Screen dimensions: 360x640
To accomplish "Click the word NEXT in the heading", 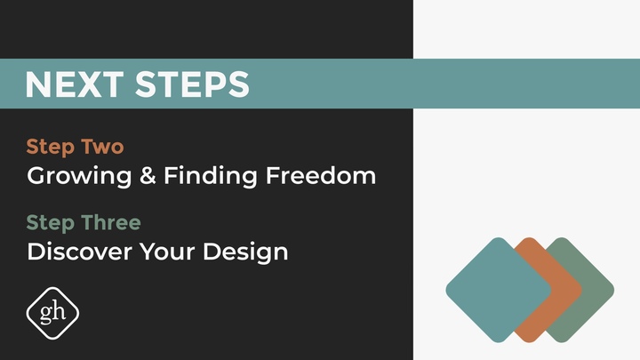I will point(75,84).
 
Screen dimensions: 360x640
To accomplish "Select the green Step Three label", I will point(84,221).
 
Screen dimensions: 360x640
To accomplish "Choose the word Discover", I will point(79,252).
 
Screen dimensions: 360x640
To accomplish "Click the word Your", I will point(164,252).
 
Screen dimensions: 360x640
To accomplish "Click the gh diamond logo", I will point(52,312).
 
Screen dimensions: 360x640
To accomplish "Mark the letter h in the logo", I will point(60,311).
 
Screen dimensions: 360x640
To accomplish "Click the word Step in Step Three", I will point(48,222).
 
